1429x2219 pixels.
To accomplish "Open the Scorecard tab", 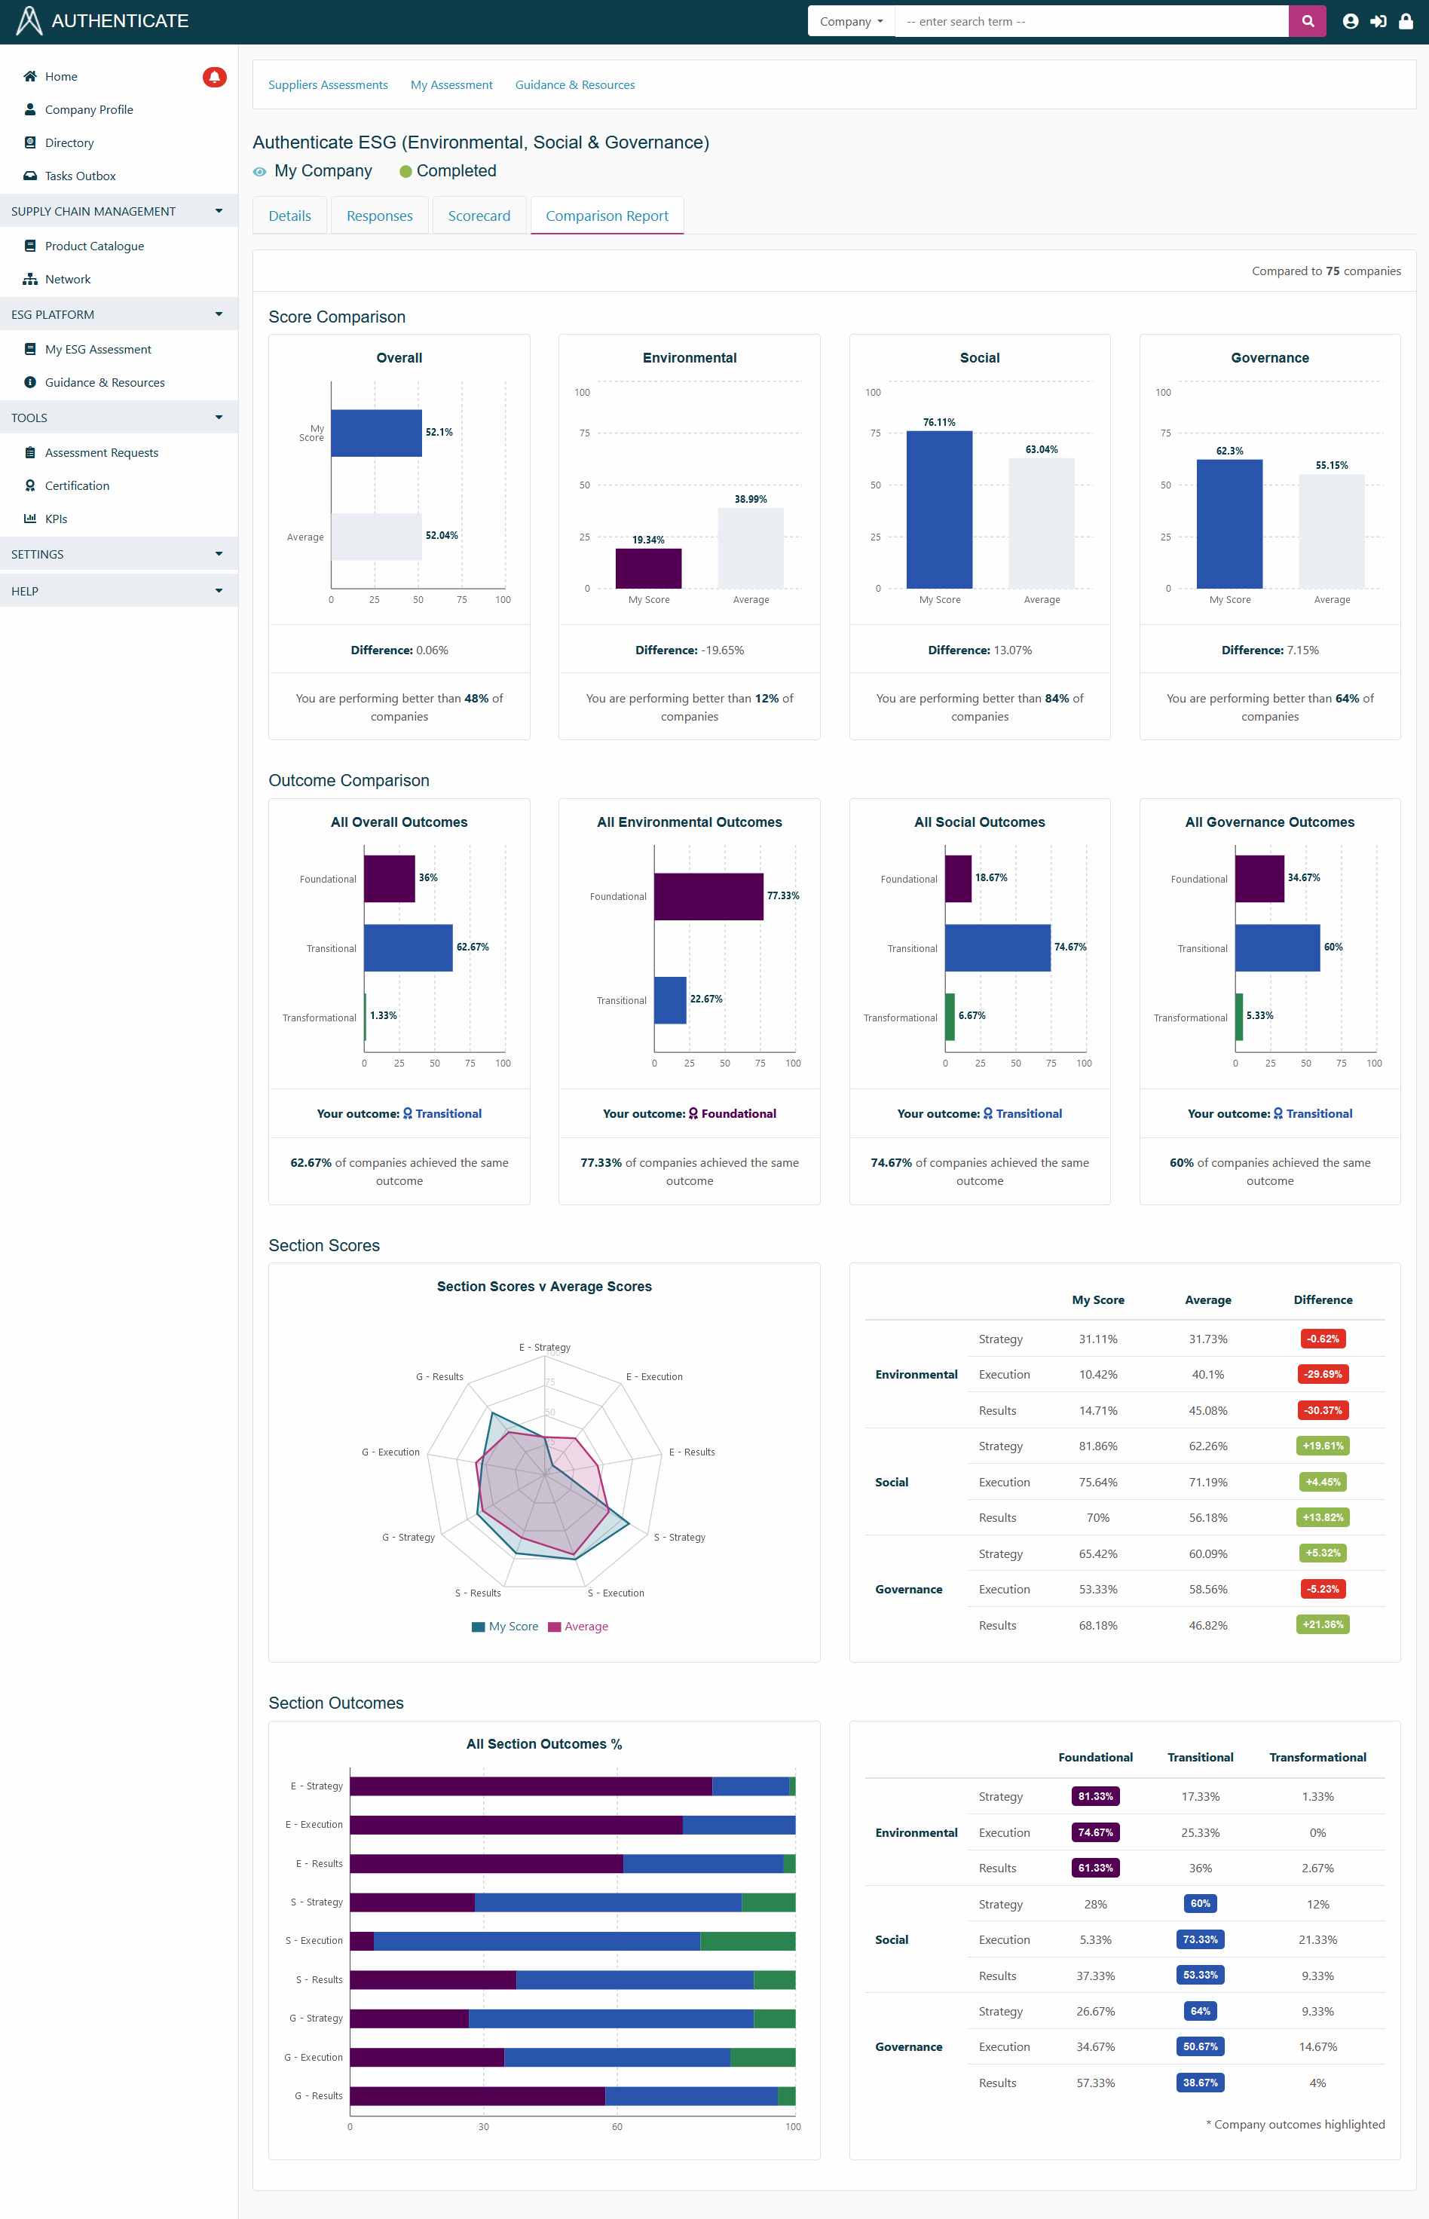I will [x=479, y=216].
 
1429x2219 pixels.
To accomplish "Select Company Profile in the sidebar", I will [x=88, y=109].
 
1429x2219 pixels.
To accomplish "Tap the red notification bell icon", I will [x=214, y=77].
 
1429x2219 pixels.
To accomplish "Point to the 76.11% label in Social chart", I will [x=939, y=422].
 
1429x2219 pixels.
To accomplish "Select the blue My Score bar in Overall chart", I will [x=376, y=433].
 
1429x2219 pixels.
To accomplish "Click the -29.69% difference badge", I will [x=1322, y=1374].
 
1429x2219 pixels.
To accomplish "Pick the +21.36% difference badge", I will [x=1322, y=1624].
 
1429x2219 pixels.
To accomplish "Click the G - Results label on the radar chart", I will [x=439, y=1376].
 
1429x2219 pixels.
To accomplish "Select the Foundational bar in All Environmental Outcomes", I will [x=708, y=896].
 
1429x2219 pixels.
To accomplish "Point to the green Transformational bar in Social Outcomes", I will [x=949, y=1017].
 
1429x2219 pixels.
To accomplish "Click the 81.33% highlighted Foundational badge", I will [x=1095, y=1796].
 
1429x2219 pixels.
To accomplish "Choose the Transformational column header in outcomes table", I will [x=1317, y=1757].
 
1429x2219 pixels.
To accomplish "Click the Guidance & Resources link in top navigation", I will [x=574, y=85].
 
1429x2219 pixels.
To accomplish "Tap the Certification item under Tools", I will [x=76, y=486].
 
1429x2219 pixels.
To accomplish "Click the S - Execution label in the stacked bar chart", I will [x=314, y=1941].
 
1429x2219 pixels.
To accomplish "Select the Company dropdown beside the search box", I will [x=850, y=21].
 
